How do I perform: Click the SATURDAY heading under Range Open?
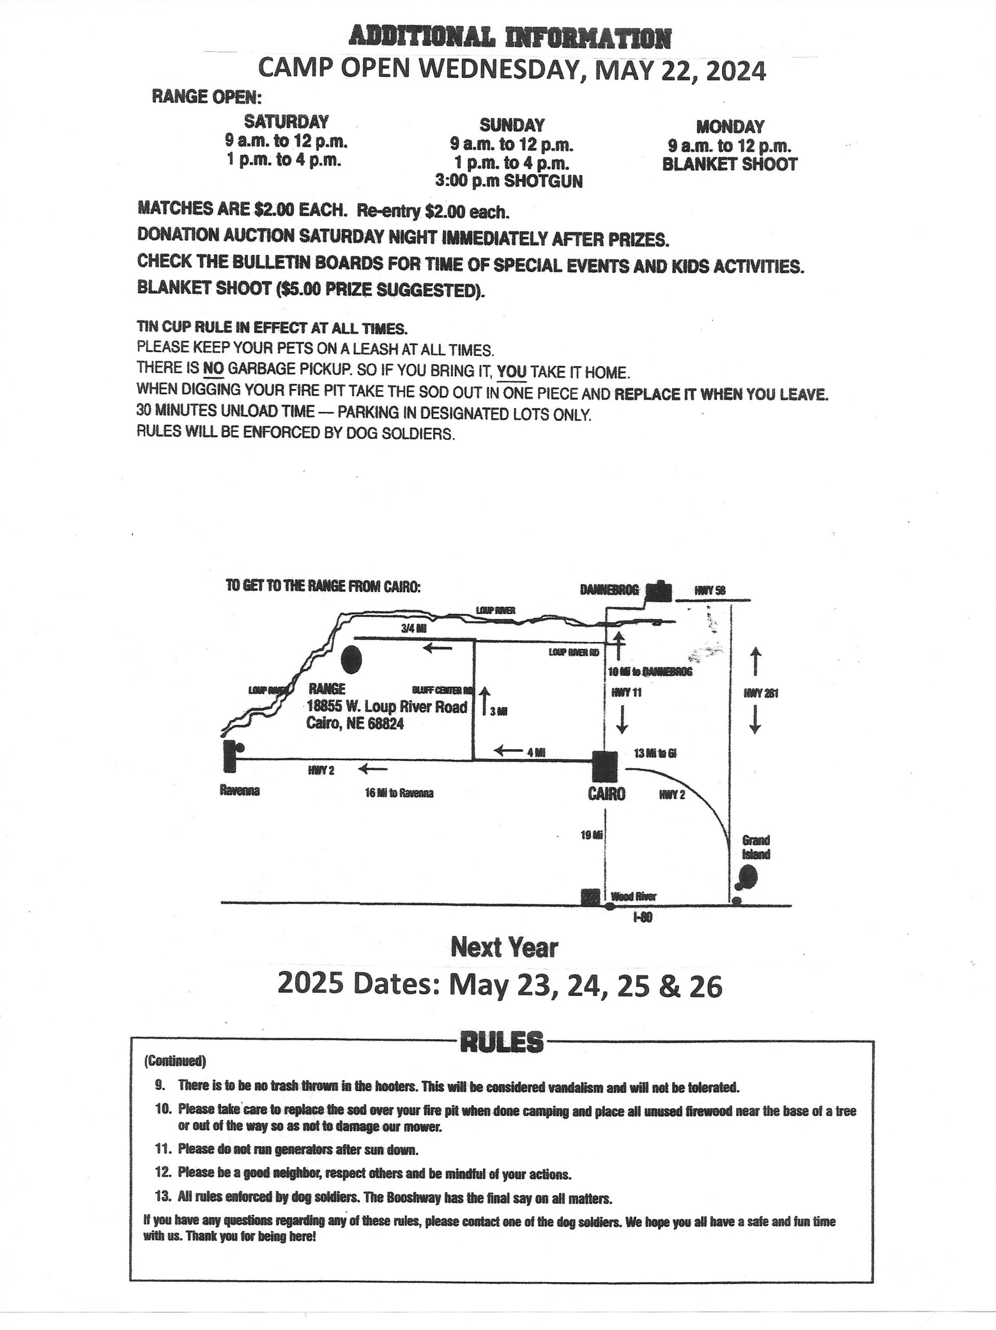(286, 122)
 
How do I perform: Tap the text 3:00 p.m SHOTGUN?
(509, 182)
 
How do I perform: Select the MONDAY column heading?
(729, 127)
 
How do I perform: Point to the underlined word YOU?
(512, 372)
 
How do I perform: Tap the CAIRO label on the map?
(606, 794)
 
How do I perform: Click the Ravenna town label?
(240, 791)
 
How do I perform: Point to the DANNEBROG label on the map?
(609, 590)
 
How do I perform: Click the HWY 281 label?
(761, 693)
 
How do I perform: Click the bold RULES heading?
(501, 1042)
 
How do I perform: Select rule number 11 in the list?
(164, 1149)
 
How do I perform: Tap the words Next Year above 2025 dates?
(504, 948)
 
